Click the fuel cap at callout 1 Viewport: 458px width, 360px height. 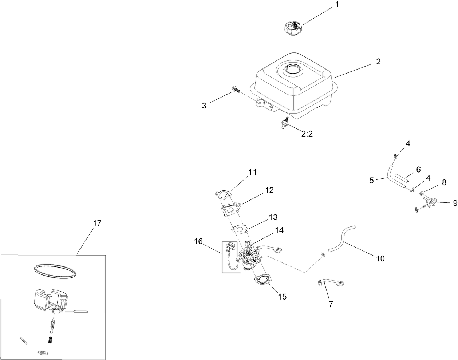pyautogui.click(x=293, y=28)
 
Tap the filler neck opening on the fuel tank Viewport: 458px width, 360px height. pyautogui.click(x=293, y=69)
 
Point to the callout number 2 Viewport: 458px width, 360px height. pyautogui.click(x=378, y=62)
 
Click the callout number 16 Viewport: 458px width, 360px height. pyautogui.click(x=198, y=241)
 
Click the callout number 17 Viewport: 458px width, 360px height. pyautogui.click(x=97, y=223)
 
